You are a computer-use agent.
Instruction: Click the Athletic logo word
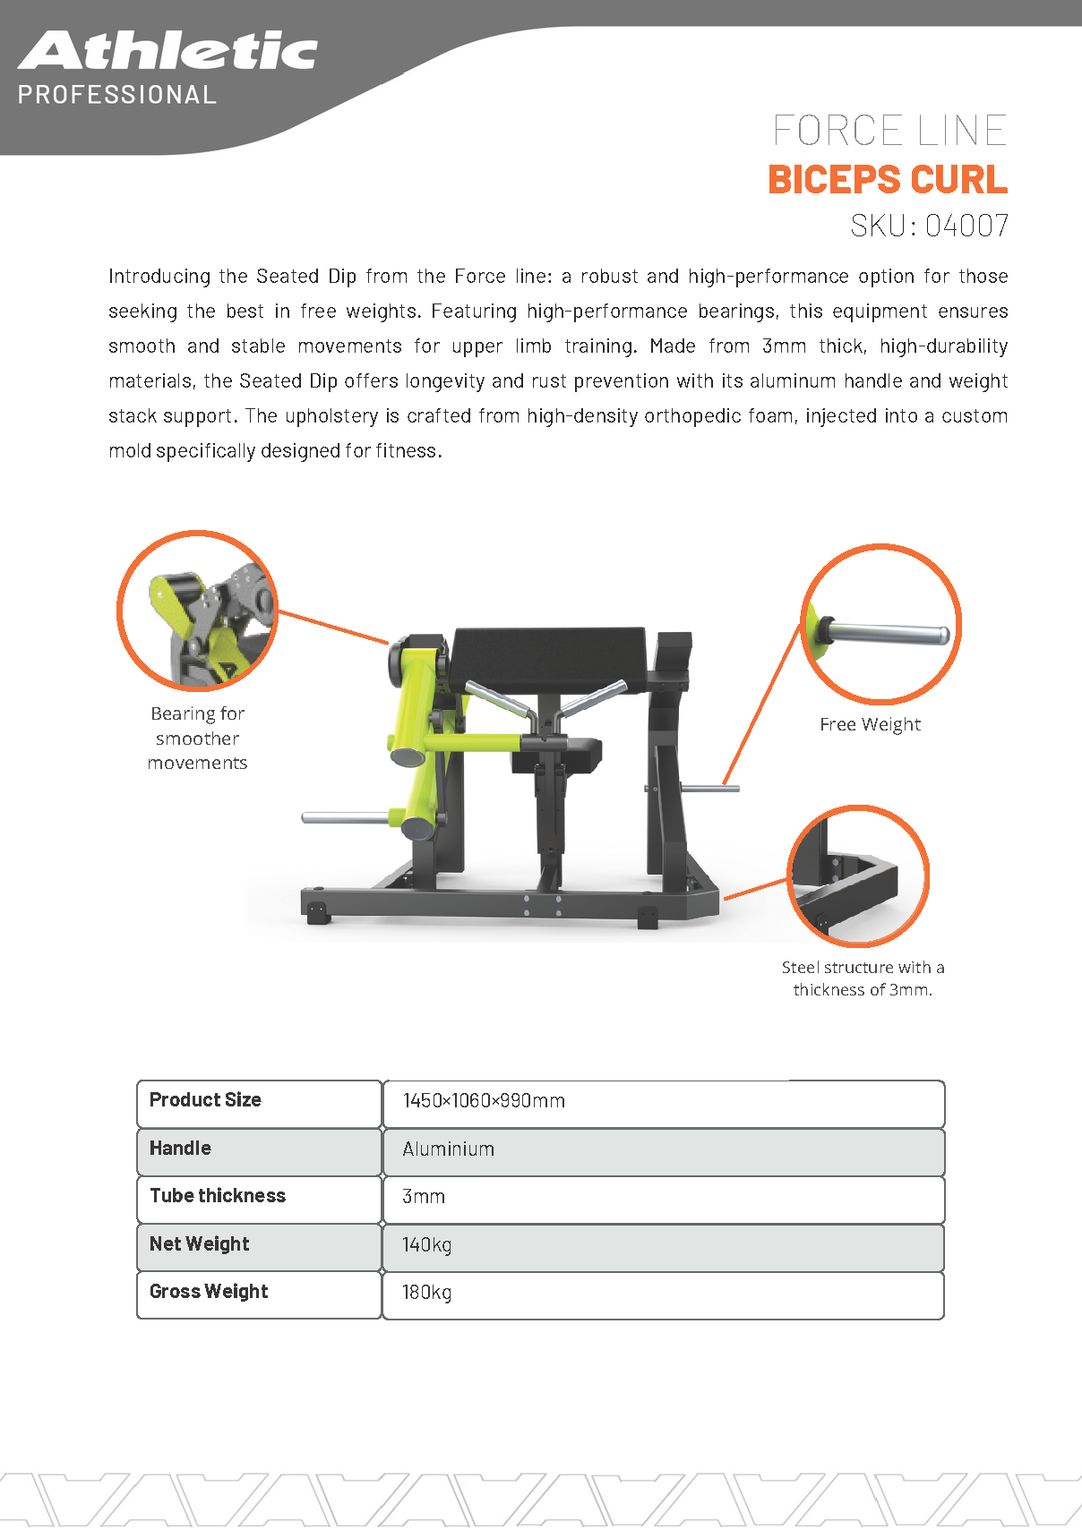(x=167, y=51)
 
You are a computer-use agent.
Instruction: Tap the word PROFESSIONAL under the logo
(x=117, y=95)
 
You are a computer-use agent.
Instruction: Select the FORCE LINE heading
(x=889, y=131)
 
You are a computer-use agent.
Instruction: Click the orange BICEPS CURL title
(x=888, y=179)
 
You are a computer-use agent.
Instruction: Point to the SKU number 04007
(x=966, y=226)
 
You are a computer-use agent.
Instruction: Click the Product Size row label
(x=205, y=1100)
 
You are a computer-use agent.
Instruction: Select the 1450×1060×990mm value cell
(x=484, y=1101)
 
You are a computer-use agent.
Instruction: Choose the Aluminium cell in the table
(x=448, y=1149)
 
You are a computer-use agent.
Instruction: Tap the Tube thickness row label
(x=218, y=1196)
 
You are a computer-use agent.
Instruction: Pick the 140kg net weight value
(x=426, y=1245)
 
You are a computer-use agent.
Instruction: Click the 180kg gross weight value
(x=426, y=1293)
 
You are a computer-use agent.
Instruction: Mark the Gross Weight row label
(x=209, y=1292)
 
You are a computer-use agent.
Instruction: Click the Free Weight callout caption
(x=870, y=725)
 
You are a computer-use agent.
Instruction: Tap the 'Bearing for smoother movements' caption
(x=197, y=739)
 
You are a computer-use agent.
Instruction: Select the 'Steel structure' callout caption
(x=863, y=978)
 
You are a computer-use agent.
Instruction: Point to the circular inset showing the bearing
(x=197, y=611)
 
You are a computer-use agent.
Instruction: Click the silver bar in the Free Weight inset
(x=887, y=633)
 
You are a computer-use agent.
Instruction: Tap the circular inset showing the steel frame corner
(x=858, y=876)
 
